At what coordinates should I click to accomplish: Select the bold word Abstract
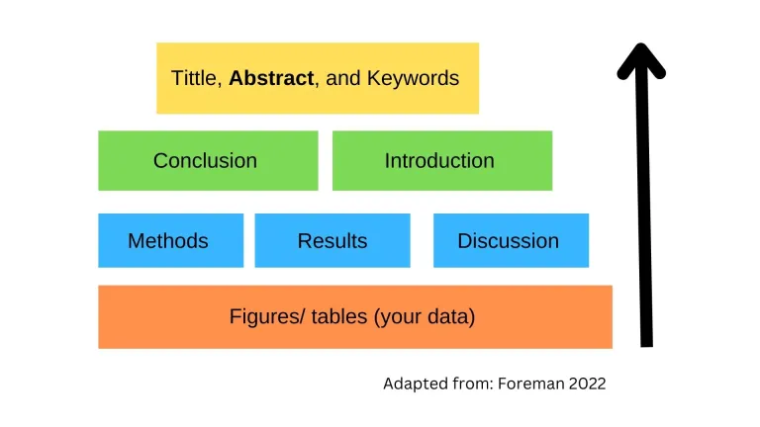coord(271,78)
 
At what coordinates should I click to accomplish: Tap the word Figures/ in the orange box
coord(266,317)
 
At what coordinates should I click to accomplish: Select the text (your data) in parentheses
coord(425,317)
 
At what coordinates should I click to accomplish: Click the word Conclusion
coord(205,160)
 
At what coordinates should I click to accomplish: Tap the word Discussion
coord(508,241)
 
